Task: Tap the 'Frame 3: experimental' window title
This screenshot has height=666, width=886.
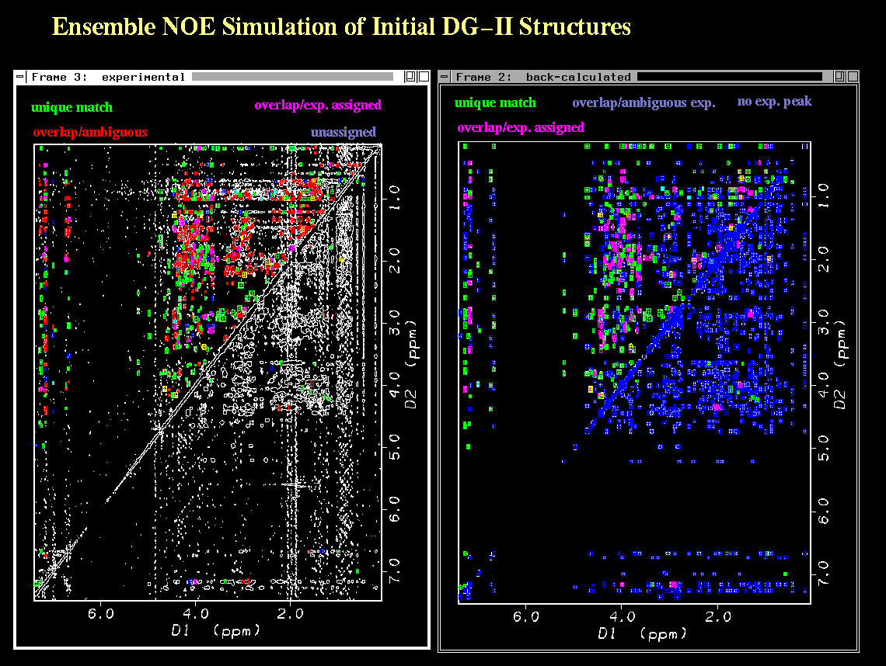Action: (x=108, y=77)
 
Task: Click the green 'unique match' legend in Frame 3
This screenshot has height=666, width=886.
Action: (x=72, y=108)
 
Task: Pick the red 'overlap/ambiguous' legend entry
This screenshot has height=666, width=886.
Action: (x=90, y=132)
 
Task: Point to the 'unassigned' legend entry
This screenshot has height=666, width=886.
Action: (x=344, y=132)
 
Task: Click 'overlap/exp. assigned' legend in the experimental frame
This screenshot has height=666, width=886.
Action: (x=318, y=105)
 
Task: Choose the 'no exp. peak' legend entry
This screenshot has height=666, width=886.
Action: (x=774, y=101)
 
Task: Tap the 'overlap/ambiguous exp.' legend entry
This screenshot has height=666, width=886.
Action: (x=644, y=102)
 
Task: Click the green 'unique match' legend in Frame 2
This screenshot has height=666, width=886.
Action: (x=495, y=102)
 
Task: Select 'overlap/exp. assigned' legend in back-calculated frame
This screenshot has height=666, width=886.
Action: (x=521, y=127)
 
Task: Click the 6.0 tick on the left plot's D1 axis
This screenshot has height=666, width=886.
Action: (x=100, y=613)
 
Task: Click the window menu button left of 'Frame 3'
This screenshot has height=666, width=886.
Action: (x=20, y=77)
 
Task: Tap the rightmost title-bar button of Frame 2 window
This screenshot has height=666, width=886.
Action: (x=852, y=77)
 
